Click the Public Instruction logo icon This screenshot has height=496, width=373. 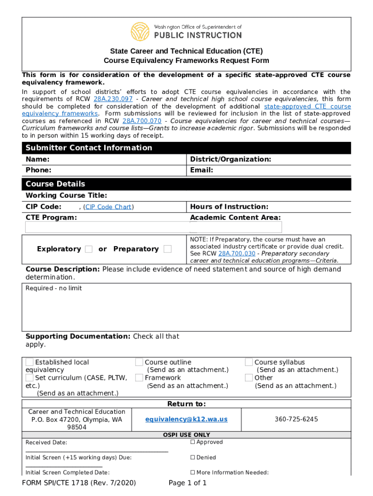pyautogui.click(x=140, y=31)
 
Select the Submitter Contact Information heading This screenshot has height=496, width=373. pyautogui.click(x=89, y=148)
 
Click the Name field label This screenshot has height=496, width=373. pyautogui.click(x=37, y=159)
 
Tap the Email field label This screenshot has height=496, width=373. pyautogui.click(x=202, y=170)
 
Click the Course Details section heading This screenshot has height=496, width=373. pyautogui.click(x=55, y=184)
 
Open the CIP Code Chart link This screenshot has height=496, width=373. pyautogui.click(x=109, y=207)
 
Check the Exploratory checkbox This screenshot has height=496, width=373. pyautogui.click(x=89, y=249)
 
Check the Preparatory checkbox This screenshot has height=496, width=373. pyautogui.click(x=168, y=249)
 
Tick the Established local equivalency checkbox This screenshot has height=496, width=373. pyautogui.click(x=30, y=362)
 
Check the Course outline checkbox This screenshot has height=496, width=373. pyautogui.click(x=139, y=362)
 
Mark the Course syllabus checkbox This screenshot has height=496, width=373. pyautogui.click(x=249, y=362)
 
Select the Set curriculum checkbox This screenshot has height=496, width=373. pyautogui.click(x=30, y=378)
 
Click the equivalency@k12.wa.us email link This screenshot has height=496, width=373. pyautogui.click(x=186, y=419)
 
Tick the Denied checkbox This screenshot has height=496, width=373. pyautogui.click(x=192, y=457)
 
